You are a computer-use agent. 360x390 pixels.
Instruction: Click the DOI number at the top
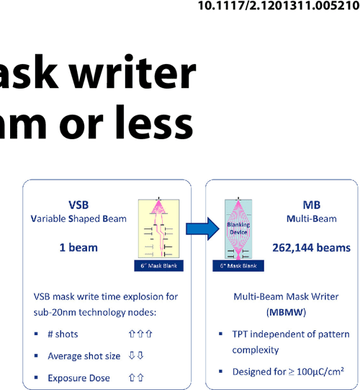tap(278, 7)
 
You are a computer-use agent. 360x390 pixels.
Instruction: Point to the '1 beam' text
tap(78, 247)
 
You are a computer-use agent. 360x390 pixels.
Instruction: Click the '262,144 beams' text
tap(312, 247)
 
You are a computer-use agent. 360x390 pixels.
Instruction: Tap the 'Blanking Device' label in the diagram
tap(238, 229)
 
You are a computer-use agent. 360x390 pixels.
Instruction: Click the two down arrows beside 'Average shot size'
tap(136, 356)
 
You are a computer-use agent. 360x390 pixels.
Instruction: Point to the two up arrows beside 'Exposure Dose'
tap(136, 378)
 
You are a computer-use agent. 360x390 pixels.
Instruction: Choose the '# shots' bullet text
tap(63, 334)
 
